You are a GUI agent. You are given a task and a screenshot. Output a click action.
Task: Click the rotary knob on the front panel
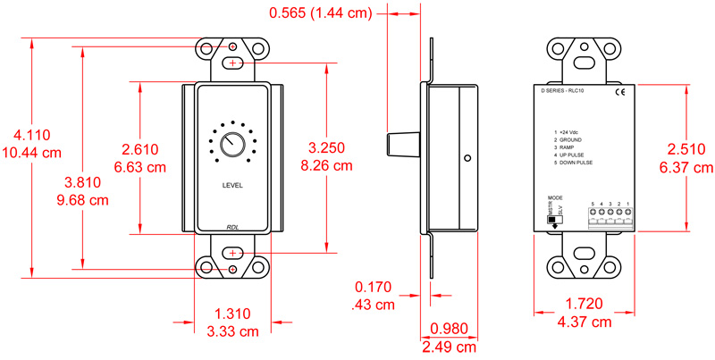tap(232, 145)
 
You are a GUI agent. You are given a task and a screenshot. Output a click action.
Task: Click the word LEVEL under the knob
tap(232, 185)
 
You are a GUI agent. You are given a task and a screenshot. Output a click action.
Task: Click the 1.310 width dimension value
tap(233, 314)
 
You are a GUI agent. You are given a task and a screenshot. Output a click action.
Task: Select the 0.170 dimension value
tap(374, 288)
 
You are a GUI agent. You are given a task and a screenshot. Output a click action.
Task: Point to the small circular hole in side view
tap(467, 159)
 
